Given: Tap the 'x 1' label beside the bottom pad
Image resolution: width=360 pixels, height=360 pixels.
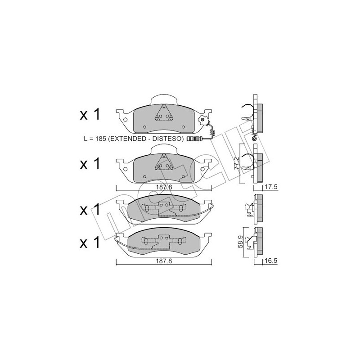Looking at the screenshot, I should [90, 244].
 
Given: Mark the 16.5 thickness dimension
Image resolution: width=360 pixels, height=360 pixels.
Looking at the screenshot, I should [270, 261].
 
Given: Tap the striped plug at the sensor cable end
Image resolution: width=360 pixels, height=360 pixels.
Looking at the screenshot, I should [192, 139].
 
